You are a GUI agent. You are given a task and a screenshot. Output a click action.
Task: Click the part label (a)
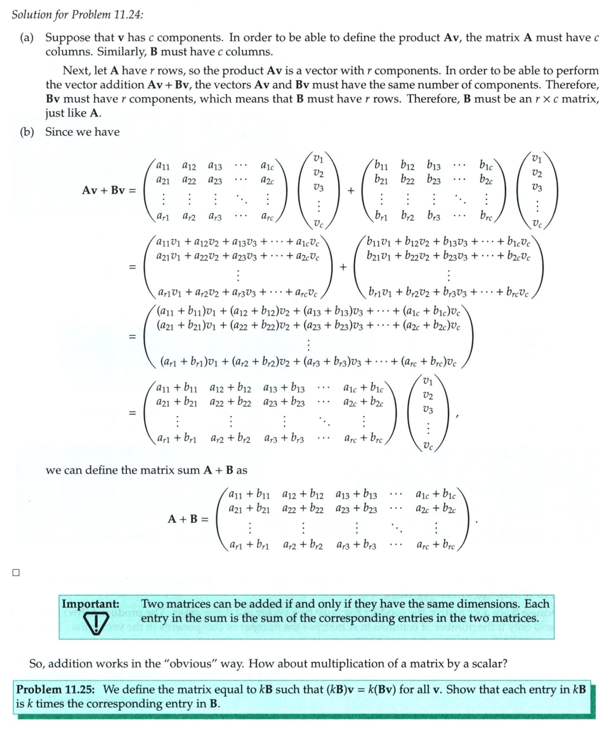tap(27, 37)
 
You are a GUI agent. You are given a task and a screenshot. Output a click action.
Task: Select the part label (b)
tap(28, 132)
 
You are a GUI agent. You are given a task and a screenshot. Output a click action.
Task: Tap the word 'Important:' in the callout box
tap(90, 604)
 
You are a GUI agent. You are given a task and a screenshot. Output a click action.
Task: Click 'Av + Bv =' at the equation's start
tap(109, 190)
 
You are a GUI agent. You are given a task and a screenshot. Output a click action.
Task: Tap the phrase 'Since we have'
tap(82, 132)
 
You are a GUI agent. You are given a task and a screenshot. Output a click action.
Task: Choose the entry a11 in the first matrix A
tap(163, 166)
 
